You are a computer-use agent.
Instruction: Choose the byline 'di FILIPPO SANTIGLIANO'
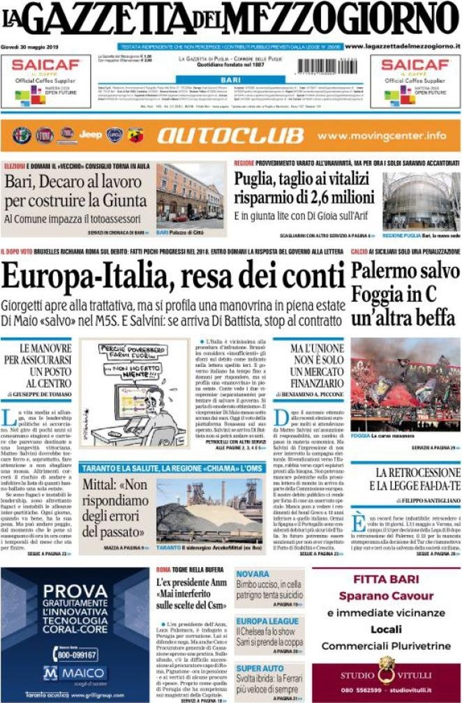(x=419, y=501)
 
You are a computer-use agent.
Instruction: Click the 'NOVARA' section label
(x=253, y=574)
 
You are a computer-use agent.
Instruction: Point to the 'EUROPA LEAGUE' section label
(x=267, y=621)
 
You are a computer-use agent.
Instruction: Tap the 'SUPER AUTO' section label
(x=260, y=667)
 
